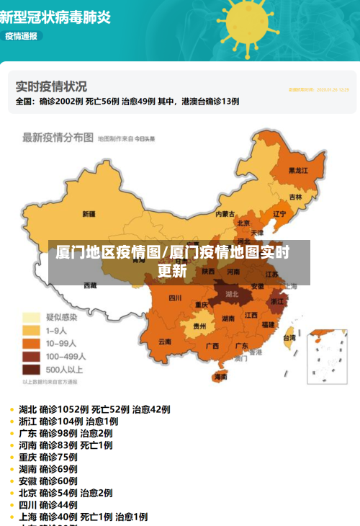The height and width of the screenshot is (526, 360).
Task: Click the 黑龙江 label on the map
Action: pos(298,171)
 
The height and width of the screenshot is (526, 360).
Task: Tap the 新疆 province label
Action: pos(89,214)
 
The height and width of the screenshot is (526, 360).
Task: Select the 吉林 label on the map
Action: pos(296,197)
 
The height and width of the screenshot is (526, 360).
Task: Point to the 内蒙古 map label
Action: pos(225,214)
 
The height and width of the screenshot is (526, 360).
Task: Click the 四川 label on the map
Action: pos(175,298)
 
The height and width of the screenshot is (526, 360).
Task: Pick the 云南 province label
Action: pos(165,341)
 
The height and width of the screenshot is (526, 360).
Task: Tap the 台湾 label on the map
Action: pos(289,337)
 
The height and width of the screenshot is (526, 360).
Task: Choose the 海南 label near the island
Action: pos(220,376)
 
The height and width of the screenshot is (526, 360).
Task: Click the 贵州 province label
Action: pos(199,326)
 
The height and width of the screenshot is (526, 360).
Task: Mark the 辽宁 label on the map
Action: pos(279,213)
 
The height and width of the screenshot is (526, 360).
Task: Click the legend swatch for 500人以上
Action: pos(31,370)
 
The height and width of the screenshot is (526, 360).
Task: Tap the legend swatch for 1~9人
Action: pos(31,330)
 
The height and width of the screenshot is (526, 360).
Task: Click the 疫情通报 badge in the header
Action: pos(21,35)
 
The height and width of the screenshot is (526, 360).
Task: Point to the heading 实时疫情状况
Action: pos(51,86)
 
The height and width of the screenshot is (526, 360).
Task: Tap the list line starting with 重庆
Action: pos(48,457)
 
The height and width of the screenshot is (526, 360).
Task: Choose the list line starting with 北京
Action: pos(66,493)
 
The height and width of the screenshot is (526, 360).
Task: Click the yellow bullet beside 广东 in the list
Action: pos(12,433)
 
